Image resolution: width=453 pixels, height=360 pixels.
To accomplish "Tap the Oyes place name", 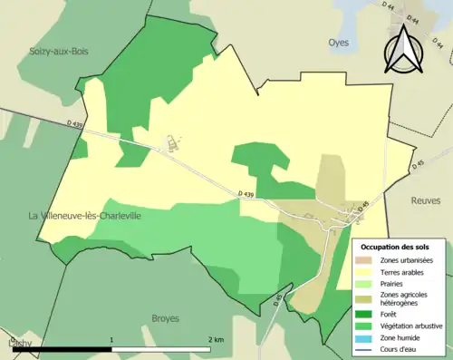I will [339, 42].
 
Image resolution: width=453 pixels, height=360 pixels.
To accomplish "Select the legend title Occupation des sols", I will [395, 247].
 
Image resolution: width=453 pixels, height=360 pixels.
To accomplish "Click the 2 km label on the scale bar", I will [217, 339].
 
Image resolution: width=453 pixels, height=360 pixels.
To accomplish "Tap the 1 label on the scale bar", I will [111, 339].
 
